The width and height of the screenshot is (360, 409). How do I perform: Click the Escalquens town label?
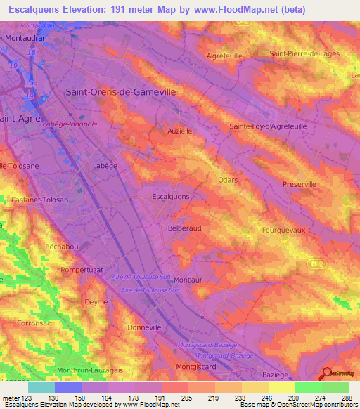[x=171, y=197]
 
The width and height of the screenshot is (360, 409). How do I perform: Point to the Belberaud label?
[x=185, y=228]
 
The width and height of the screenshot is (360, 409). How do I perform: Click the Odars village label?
[x=228, y=180]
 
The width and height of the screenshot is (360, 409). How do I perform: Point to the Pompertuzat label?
[x=82, y=269]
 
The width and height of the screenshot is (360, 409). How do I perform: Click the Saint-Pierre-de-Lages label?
[x=305, y=53]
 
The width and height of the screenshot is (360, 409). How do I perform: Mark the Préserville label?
[x=300, y=184]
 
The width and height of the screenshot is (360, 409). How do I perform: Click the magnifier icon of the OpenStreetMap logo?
[x=327, y=375]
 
